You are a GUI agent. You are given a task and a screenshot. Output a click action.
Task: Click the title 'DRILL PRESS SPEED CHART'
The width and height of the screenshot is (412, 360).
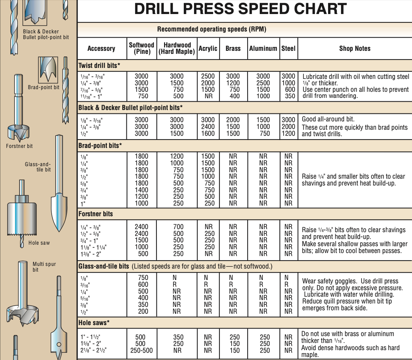[240, 9]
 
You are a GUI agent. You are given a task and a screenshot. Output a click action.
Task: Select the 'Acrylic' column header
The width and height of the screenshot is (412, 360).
[208, 49]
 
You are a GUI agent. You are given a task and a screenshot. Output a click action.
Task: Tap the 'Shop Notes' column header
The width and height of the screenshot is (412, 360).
[354, 49]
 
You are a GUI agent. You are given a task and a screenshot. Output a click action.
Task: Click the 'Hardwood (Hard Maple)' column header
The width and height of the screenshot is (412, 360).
[177, 49]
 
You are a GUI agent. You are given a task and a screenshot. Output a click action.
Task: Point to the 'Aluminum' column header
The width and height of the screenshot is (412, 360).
[263, 49]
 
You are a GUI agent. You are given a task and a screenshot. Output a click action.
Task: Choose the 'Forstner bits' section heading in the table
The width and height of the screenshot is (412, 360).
[96, 214]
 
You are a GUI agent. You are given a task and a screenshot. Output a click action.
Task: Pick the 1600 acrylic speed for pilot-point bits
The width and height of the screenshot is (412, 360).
[208, 134]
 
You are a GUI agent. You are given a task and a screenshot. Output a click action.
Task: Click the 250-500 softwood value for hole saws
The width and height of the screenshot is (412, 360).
[141, 351]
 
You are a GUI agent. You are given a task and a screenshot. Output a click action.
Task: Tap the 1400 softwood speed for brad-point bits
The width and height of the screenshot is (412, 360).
[141, 190]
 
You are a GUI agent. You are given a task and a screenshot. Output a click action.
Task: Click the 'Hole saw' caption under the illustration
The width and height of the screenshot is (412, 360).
[39, 243]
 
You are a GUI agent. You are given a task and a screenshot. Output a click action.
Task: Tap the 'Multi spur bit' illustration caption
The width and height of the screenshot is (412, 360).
[44, 267]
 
